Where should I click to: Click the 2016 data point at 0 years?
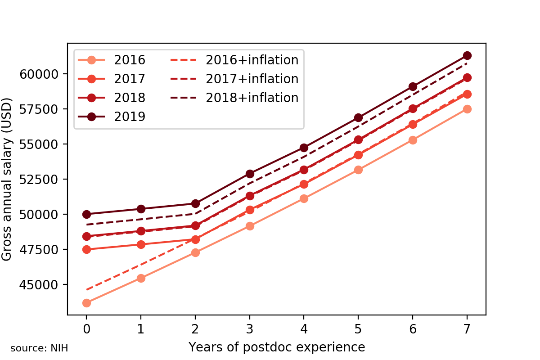click(86, 303)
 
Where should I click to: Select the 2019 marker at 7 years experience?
click(467, 55)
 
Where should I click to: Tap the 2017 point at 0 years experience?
click(86, 249)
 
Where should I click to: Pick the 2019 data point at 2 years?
click(195, 203)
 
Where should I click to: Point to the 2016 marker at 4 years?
click(304, 198)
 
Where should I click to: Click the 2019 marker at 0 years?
click(86, 214)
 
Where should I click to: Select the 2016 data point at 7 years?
click(467, 109)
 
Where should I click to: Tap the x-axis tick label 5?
click(358, 329)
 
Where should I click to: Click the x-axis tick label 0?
click(86, 329)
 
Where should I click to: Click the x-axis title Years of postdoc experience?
click(276, 347)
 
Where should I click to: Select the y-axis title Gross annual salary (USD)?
click(7, 179)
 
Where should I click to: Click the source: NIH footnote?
click(39, 348)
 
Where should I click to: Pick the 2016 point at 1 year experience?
click(141, 278)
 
